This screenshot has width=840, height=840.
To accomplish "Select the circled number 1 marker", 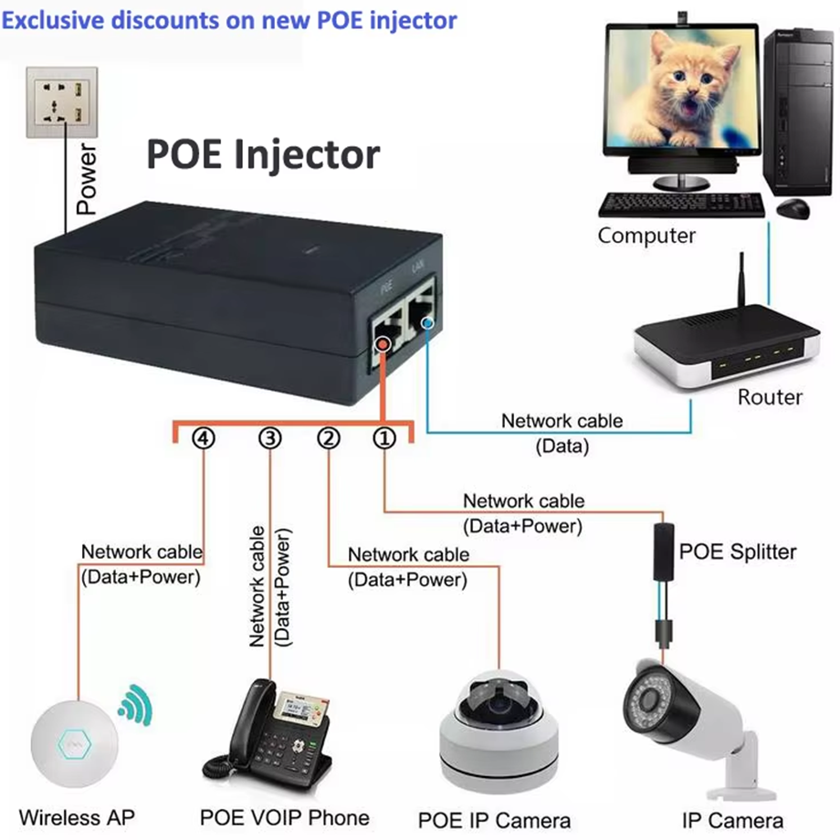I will click(384, 439).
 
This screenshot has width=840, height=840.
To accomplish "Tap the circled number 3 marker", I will click(270, 439).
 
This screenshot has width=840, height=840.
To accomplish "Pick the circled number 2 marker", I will click(329, 439).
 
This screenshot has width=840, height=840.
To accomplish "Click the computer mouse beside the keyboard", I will click(792, 209).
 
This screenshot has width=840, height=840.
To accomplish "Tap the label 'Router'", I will click(770, 397).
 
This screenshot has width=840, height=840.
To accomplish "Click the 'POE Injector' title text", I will click(262, 155).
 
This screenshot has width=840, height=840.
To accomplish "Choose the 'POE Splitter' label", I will click(737, 551).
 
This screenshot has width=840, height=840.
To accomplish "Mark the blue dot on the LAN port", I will click(423, 320).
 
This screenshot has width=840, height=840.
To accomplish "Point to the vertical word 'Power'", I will click(87, 179).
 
